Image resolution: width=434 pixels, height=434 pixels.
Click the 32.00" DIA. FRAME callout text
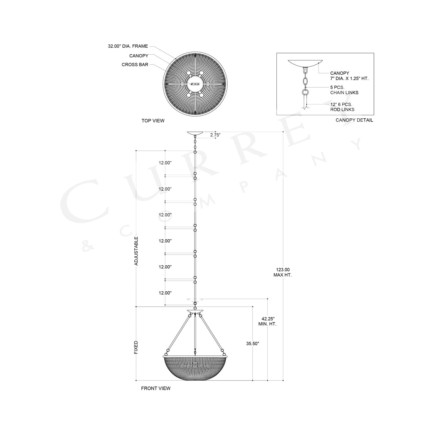pyautogui.click(x=128, y=46)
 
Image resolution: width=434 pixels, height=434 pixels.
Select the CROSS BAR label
pyautogui.click(x=135, y=65)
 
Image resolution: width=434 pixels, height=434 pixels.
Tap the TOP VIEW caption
pyautogui.click(x=153, y=121)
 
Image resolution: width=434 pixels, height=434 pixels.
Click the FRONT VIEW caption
pyautogui.click(x=156, y=388)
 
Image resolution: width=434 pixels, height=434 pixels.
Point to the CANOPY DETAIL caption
pyautogui.click(x=354, y=120)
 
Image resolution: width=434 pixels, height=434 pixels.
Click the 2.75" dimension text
pyautogui.click(x=215, y=135)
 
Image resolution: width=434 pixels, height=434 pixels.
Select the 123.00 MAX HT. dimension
pyautogui.click(x=283, y=272)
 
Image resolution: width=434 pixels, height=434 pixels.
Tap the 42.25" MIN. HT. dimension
pyautogui.click(x=267, y=321)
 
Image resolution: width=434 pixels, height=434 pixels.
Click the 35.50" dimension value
pyautogui.click(x=253, y=344)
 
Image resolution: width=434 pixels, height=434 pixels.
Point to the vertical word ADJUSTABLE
pyautogui.click(x=136, y=251)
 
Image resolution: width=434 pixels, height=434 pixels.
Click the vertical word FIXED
pyautogui.click(x=136, y=347)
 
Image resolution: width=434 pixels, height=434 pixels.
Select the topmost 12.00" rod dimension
pyautogui.click(x=165, y=163)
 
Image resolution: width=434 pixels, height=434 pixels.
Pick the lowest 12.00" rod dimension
pyautogui.click(x=165, y=293)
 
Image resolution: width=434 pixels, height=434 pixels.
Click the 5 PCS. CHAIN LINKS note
pyautogui.click(x=344, y=90)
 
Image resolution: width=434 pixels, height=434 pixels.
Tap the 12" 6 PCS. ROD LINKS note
pyautogui.click(x=342, y=107)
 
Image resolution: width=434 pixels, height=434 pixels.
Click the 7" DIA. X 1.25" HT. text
pyautogui.click(x=349, y=78)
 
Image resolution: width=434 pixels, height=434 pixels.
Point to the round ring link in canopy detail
pyautogui.click(x=305, y=92)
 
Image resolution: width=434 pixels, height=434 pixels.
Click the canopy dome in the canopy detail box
pyautogui.click(x=305, y=63)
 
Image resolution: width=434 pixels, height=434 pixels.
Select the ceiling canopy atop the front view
pyautogui.click(x=195, y=133)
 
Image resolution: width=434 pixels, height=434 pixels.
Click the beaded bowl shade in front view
pyautogui.click(x=195, y=367)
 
